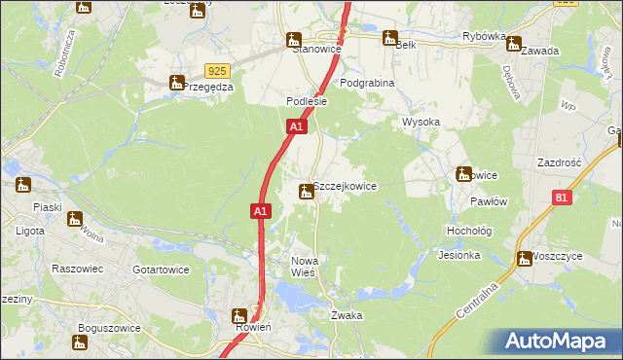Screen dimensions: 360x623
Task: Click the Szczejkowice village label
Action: pyautogui.click(x=344, y=186)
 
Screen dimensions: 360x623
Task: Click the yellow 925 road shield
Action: pyautogui.click(x=217, y=71)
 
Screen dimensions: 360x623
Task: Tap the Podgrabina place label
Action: pyautogui.click(x=367, y=84)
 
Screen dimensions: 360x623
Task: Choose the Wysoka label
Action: pyautogui.click(x=421, y=123)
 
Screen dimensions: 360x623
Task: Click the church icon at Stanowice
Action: pyautogui.click(x=294, y=40)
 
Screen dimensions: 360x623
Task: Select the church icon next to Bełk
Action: pyautogui.click(x=390, y=39)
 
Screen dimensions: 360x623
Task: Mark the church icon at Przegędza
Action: pyautogui.click(x=177, y=83)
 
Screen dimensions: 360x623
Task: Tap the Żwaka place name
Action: pyautogui.click(x=347, y=315)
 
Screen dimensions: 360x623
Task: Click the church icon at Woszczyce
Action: pyautogui.click(x=526, y=258)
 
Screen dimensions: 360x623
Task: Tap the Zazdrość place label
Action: pyautogui.click(x=559, y=162)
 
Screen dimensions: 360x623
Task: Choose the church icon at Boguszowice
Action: pyautogui.click(x=81, y=342)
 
